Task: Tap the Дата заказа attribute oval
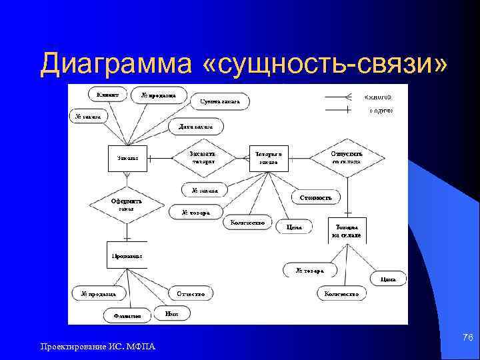pyautogui.click(x=195, y=126)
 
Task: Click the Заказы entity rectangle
pyautogui.click(x=127, y=158)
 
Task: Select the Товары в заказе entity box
pyautogui.click(x=269, y=158)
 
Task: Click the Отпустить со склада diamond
pyautogui.click(x=346, y=157)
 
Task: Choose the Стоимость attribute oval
pyautogui.click(x=316, y=197)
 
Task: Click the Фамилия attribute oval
pyautogui.click(x=127, y=316)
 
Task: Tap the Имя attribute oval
pyautogui.click(x=171, y=312)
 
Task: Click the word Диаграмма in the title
pyautogui.click(x=114, y=64)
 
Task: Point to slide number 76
pyautogui.click(x=467, y=338)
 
